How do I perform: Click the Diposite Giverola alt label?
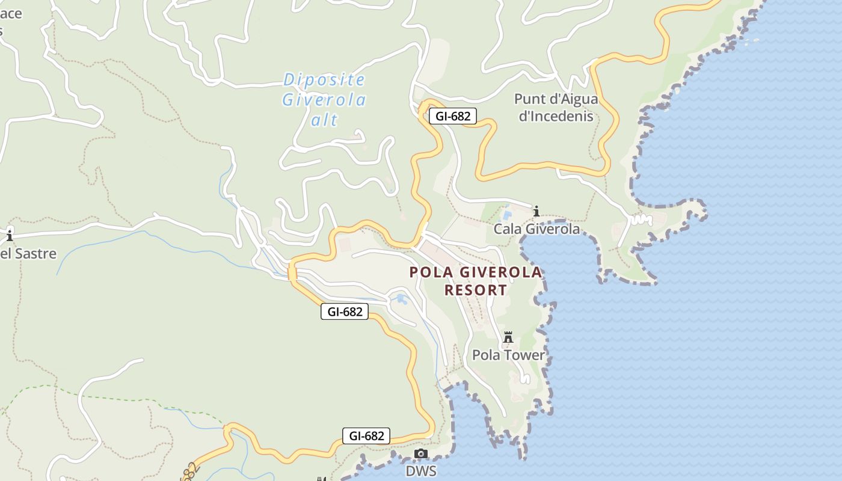click(x=324, y=100)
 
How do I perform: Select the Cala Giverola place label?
click(x=536, y=229)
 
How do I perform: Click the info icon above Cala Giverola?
click(x=536, y=211)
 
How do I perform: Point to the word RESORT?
click(x=475, y=290)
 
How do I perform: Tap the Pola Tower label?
click(x=508, y=355)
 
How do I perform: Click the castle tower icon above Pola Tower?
click(x=508, y=338)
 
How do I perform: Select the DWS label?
click(x=421, y=471)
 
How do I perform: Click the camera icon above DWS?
click(x=421, y=453)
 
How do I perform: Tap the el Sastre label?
click(x=28, y=253)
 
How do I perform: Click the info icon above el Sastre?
click(x=10, y=234)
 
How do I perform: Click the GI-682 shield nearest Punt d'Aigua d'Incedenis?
click(x=452, y=116)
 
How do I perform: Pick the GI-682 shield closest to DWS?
click(x=366, y=436)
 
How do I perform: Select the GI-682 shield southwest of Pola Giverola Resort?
click(x=344, y=311)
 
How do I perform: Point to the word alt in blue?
click(x=324, y=120)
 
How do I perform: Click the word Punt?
click(x=529, y=99)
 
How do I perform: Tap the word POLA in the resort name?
click(x=431, y=272)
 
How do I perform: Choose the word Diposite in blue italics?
click(x=324, y=79)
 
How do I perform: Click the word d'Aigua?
click(x=574, y=99)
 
